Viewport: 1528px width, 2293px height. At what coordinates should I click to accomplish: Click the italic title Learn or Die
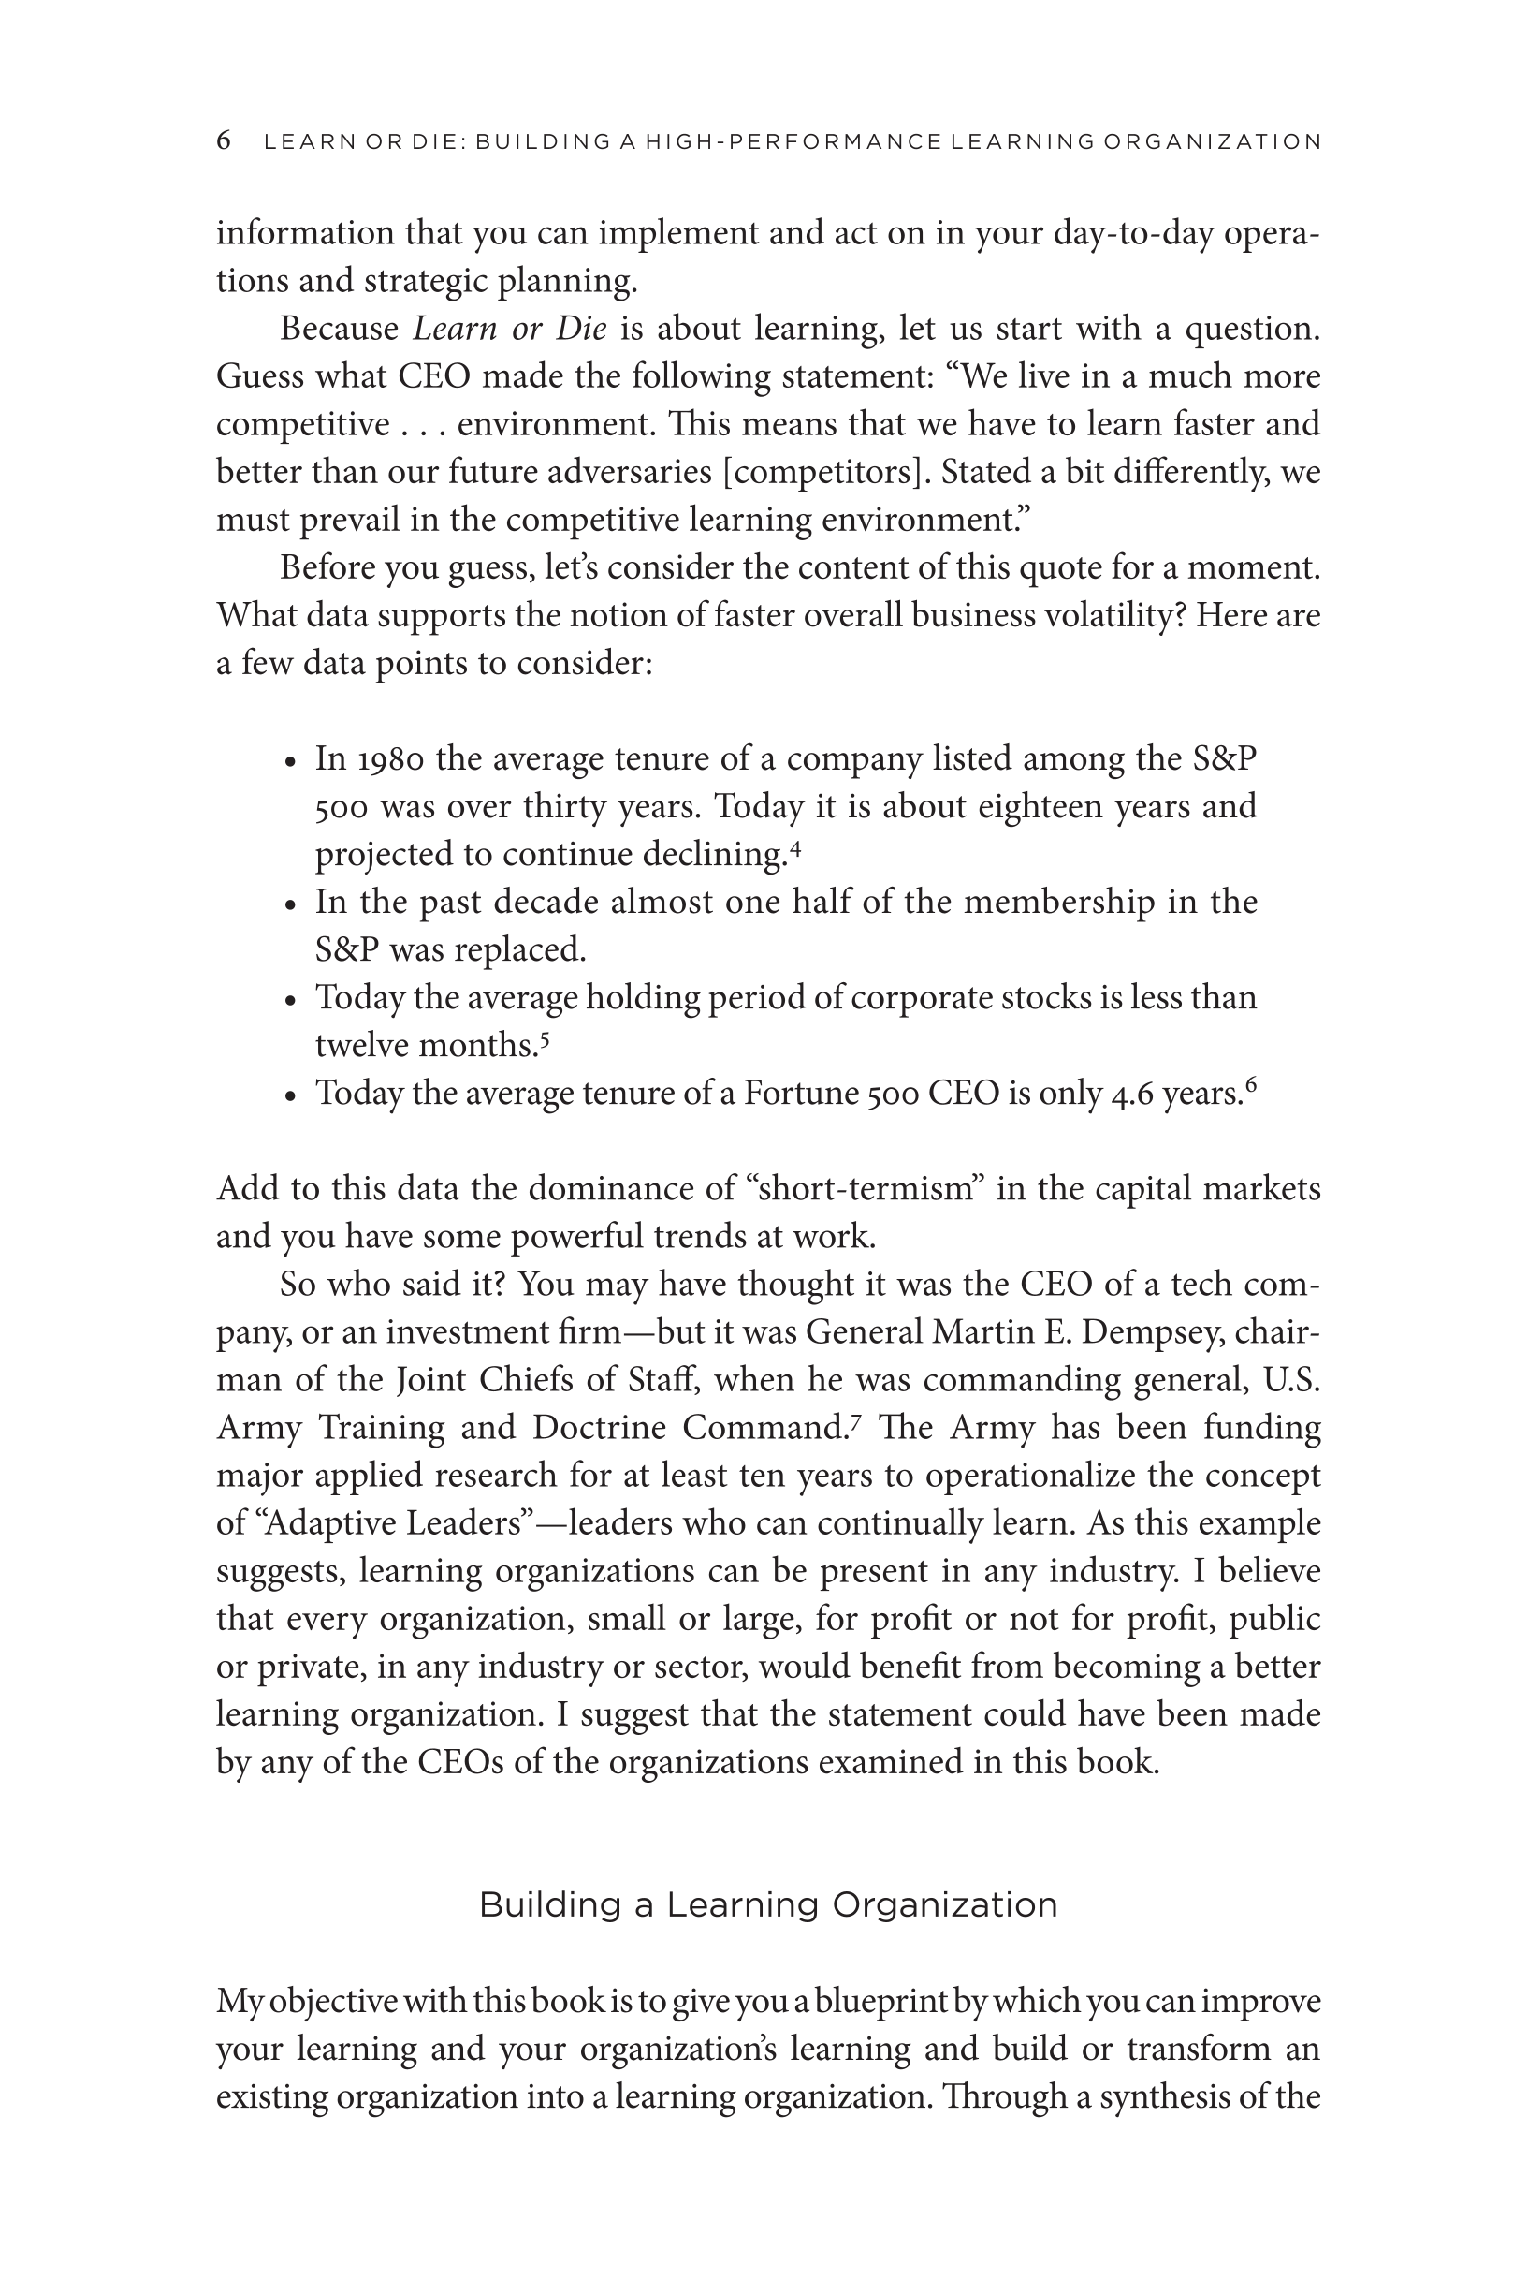point(510,329)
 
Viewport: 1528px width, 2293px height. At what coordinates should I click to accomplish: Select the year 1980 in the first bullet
point(391,758)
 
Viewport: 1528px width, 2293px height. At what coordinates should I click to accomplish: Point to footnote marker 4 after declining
point(795,848)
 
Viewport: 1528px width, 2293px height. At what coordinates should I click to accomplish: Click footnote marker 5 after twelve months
point(545,1039)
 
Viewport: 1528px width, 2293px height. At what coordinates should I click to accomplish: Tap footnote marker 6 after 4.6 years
point(1251,1087)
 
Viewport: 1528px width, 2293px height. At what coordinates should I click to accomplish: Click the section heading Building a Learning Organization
point(768,1905)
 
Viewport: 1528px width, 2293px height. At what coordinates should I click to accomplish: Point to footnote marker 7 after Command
point(855,1422)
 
